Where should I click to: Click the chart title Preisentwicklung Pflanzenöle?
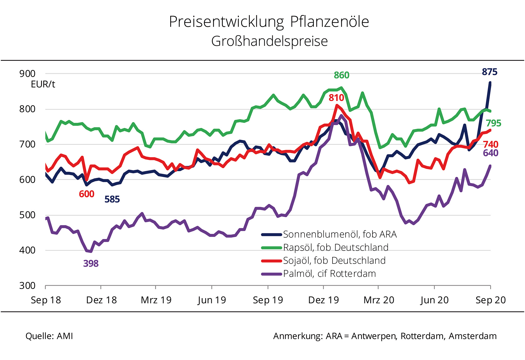click(x=269, y=22)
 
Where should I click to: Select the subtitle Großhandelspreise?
click(x=269, y=41)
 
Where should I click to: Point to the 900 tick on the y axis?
click(x=27, y=74)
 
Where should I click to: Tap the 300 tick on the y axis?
click(x=27, y=286)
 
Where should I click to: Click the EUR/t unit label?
click(x=43, y=84)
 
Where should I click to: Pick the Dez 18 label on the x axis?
click(x=102, y=300)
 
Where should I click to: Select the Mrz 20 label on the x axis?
click(x=379, y=300)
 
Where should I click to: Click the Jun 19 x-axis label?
click(x=212, y=300)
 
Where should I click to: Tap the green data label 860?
click(x=341, y=75)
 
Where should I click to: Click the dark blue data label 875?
click(x=489, y=72)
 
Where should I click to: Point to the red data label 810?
click(x=336, y=98)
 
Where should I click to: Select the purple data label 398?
click(x=91, y=264)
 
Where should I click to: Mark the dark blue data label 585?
click(x=112, y=199)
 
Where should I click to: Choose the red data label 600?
click(x=87, y=194)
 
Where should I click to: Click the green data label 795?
click(x=493, y=123)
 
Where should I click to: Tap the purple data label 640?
click(x=490, y=153)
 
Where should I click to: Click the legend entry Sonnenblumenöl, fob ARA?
click(x=340, y=234)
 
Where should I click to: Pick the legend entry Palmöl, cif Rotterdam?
click(x=329, y=274)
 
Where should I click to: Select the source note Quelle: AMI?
click(x=49, y=336)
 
